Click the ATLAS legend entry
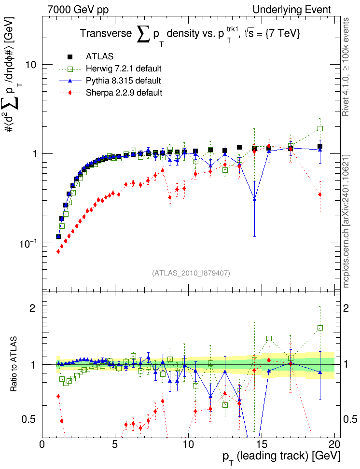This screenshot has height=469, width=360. pyautogui.click(x=99, y=56)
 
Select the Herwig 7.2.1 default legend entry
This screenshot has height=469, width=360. pyautogui.click(x=124, y=68)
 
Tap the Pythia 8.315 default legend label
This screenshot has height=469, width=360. pyautogui.click(x=124, y=80)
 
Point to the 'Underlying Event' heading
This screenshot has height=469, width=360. pyautogui.click(x=292, y=9)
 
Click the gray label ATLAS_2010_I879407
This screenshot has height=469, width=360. pyautogui.click(x=191, y=273)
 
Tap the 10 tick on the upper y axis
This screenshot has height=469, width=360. pyautogui.click(x=32, y=65)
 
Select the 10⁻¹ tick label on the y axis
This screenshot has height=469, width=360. pyautogui.click(x=29, y=243)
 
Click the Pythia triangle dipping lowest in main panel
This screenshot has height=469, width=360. pyautogui.click(x=254, y=199)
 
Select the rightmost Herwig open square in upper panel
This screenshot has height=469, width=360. pyautogui.click(x=320, y=129)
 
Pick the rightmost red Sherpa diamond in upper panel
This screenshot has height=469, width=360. pyautogui.click(x=320, y=194)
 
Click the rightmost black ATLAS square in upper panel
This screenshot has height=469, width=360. pyautogui.click(x=320, y=146)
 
